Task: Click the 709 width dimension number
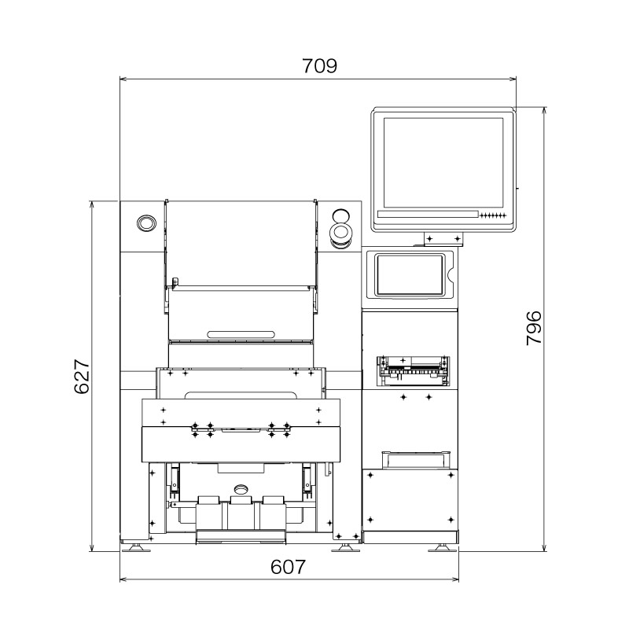pyautogui.click(x=319, y=66)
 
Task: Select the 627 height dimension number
pyautogui.click(x=83, y=378)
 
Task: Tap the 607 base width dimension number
pyautogui.click(x=288, y=566)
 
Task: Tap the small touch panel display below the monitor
pyautogui.click(x=410, y=274)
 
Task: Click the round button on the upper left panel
pyautogui.click(x=145, y=223)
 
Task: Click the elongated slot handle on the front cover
pyautogui.click(x=241, y=334)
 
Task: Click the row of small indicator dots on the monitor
pyautogui.click(x=495, y=215)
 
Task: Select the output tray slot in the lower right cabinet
pyautogui.click(x=415, y=458)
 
